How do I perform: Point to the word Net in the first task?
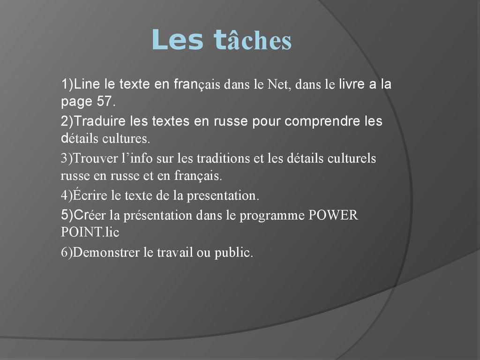coord(279,85)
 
